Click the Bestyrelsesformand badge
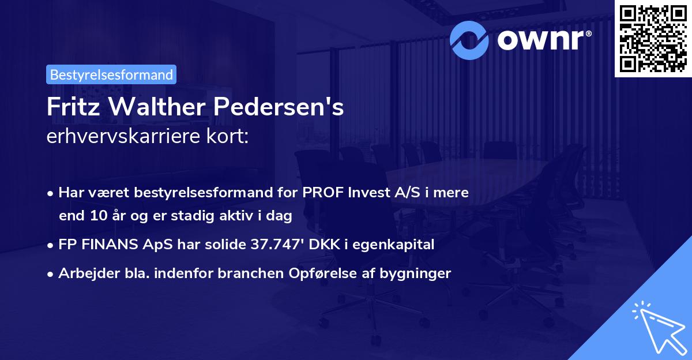click(x=111, y=74)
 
